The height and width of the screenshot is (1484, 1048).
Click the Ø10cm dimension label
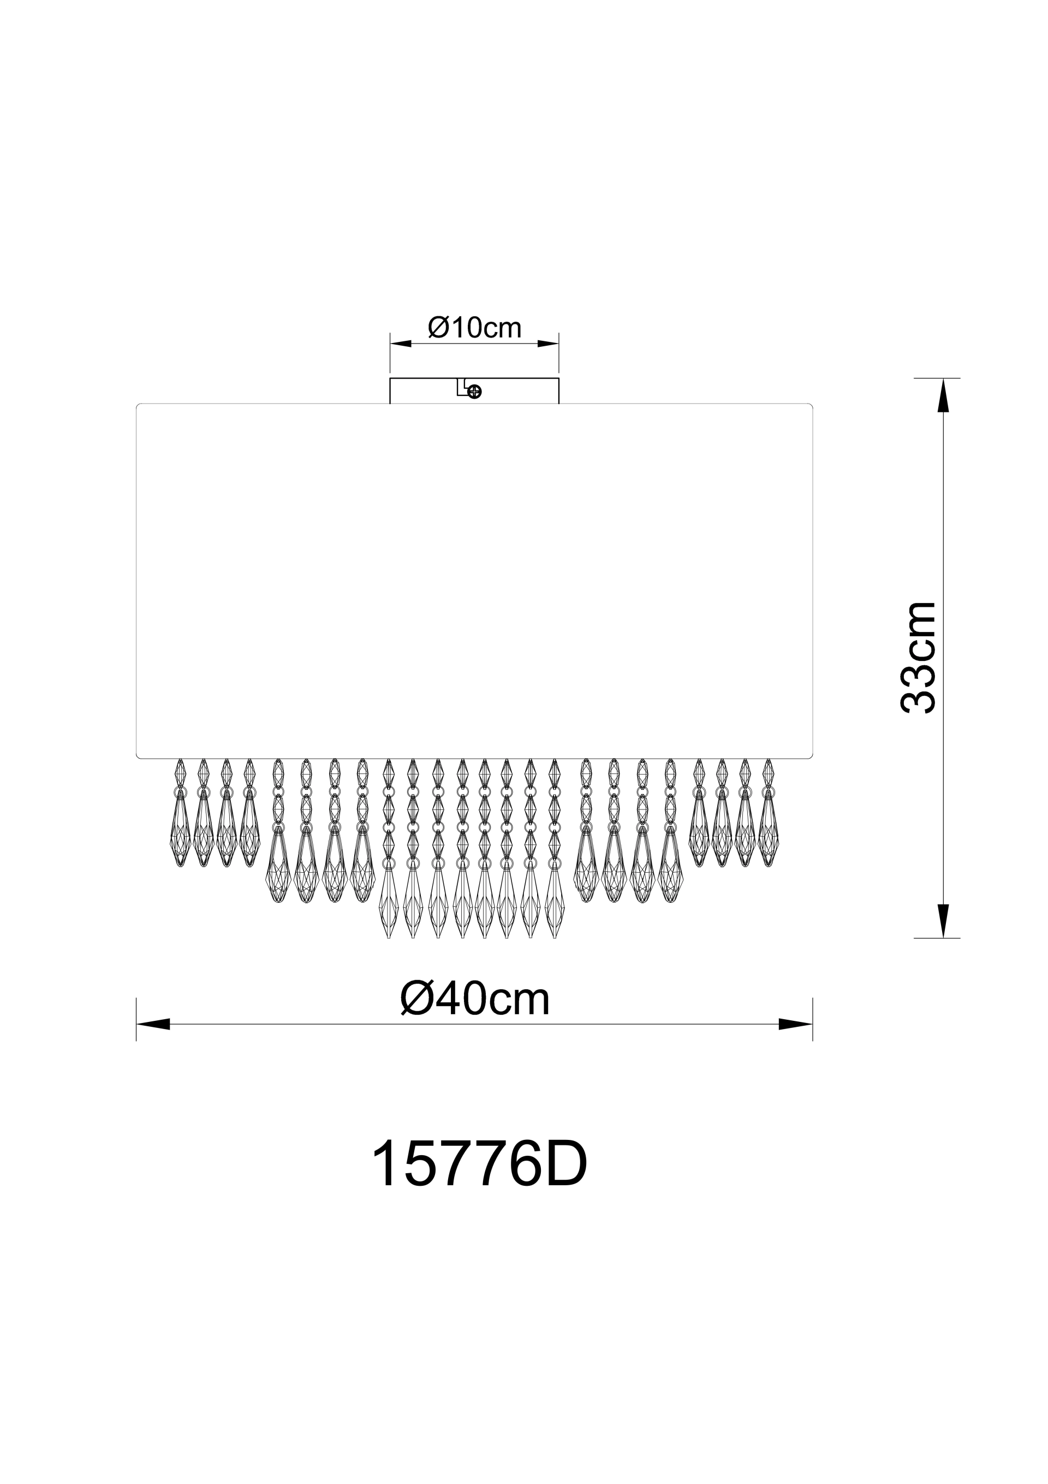coord(475,328)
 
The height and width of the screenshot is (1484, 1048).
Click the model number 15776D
coord(479,1166)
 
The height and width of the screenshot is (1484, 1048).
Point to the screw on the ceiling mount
coord(475,392)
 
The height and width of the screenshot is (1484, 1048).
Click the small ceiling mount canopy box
coord(474,391)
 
